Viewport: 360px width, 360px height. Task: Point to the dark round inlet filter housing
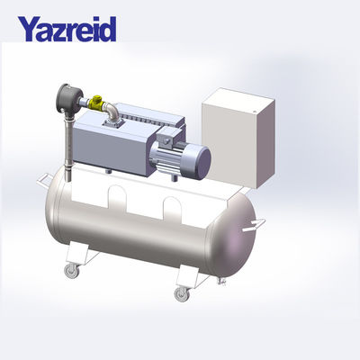point(67,96)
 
